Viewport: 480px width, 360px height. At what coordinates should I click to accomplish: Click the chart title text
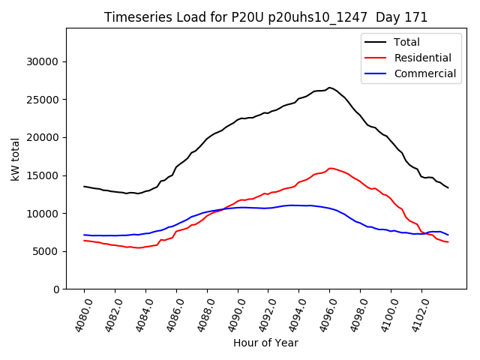[x=265, y=17]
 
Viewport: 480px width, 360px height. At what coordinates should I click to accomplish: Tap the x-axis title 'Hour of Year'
[x=265, y=343]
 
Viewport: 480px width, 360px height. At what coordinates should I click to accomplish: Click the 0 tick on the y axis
[x=56, y=289]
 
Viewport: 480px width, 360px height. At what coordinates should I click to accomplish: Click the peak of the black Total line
[x=329, y=88]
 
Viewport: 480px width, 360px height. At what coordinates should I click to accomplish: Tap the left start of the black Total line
[x=85, y=187]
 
